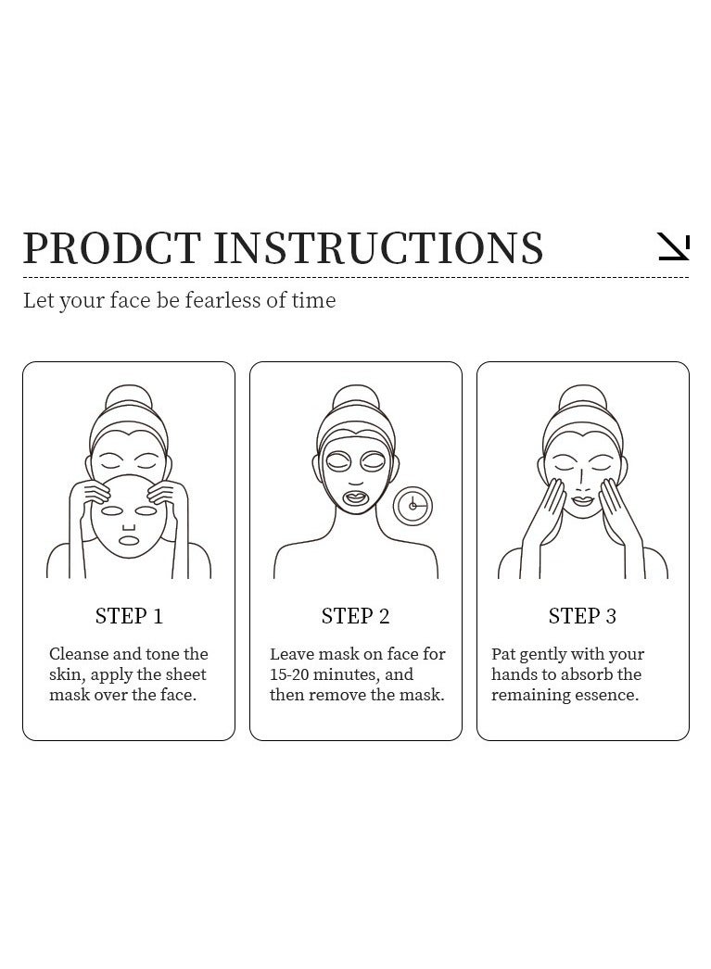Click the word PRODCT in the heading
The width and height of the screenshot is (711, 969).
111,248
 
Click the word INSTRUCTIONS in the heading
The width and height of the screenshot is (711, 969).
378,248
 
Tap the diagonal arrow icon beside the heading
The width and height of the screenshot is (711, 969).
673,246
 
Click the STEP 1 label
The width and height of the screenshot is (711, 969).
129,616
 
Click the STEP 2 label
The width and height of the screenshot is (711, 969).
355,616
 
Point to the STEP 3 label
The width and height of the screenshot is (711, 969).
582,616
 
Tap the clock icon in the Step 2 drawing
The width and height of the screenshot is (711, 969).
413,506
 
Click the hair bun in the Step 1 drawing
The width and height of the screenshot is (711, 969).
129,398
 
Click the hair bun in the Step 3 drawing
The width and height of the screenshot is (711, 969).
582,398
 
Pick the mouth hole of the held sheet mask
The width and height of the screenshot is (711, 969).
129,540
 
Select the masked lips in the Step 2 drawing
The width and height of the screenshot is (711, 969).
355,498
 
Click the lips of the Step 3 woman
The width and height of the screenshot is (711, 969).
582,501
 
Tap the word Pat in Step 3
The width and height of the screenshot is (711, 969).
503,654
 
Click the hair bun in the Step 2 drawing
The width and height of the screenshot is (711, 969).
355,398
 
